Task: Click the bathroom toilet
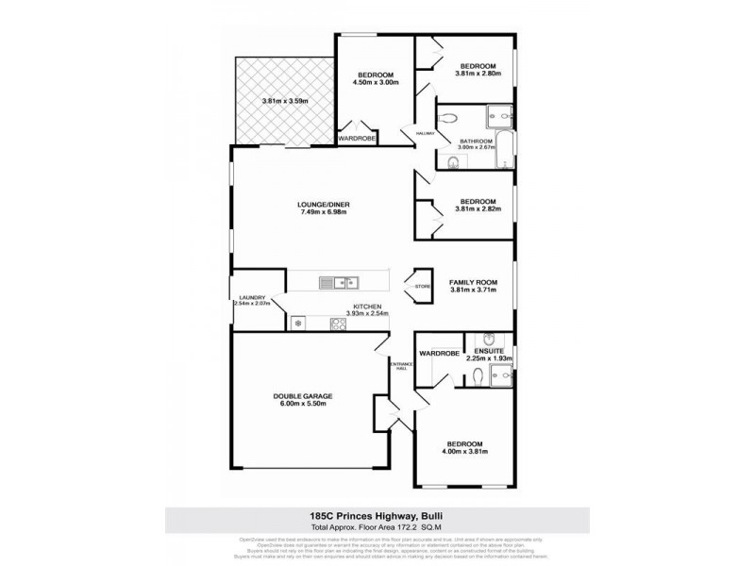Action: coord(448,119)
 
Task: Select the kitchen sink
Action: coord(337,281)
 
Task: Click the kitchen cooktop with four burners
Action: coord(338,324)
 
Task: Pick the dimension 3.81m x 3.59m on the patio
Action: coord(285,101)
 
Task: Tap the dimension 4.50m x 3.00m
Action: coord(376,83)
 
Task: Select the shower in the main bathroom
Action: coord(500,117)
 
